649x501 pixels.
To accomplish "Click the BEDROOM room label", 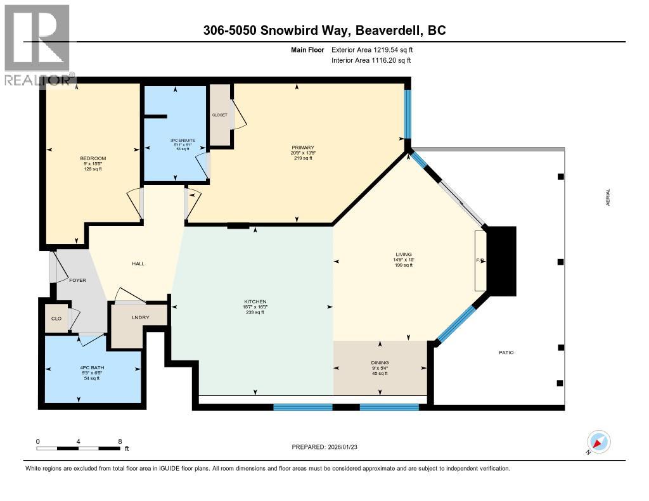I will [x=93, y=158].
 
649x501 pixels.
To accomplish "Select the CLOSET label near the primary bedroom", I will [x=220, y=115].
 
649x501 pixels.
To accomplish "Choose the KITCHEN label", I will [x=255, y=301].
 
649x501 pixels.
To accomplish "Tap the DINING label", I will [x=380, y=363].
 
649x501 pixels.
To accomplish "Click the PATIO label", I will [x=506, y=352].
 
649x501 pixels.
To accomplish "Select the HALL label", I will [x=138, y=263].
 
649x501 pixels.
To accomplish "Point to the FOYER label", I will [x=77, y=280].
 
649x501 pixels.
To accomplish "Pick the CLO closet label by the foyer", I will [x=56, y=318].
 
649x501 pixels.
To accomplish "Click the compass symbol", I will [x=598, y=441].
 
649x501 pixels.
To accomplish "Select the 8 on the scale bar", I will [x=120, y=441].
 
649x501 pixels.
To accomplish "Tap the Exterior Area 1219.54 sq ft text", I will [x=372, y=49].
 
